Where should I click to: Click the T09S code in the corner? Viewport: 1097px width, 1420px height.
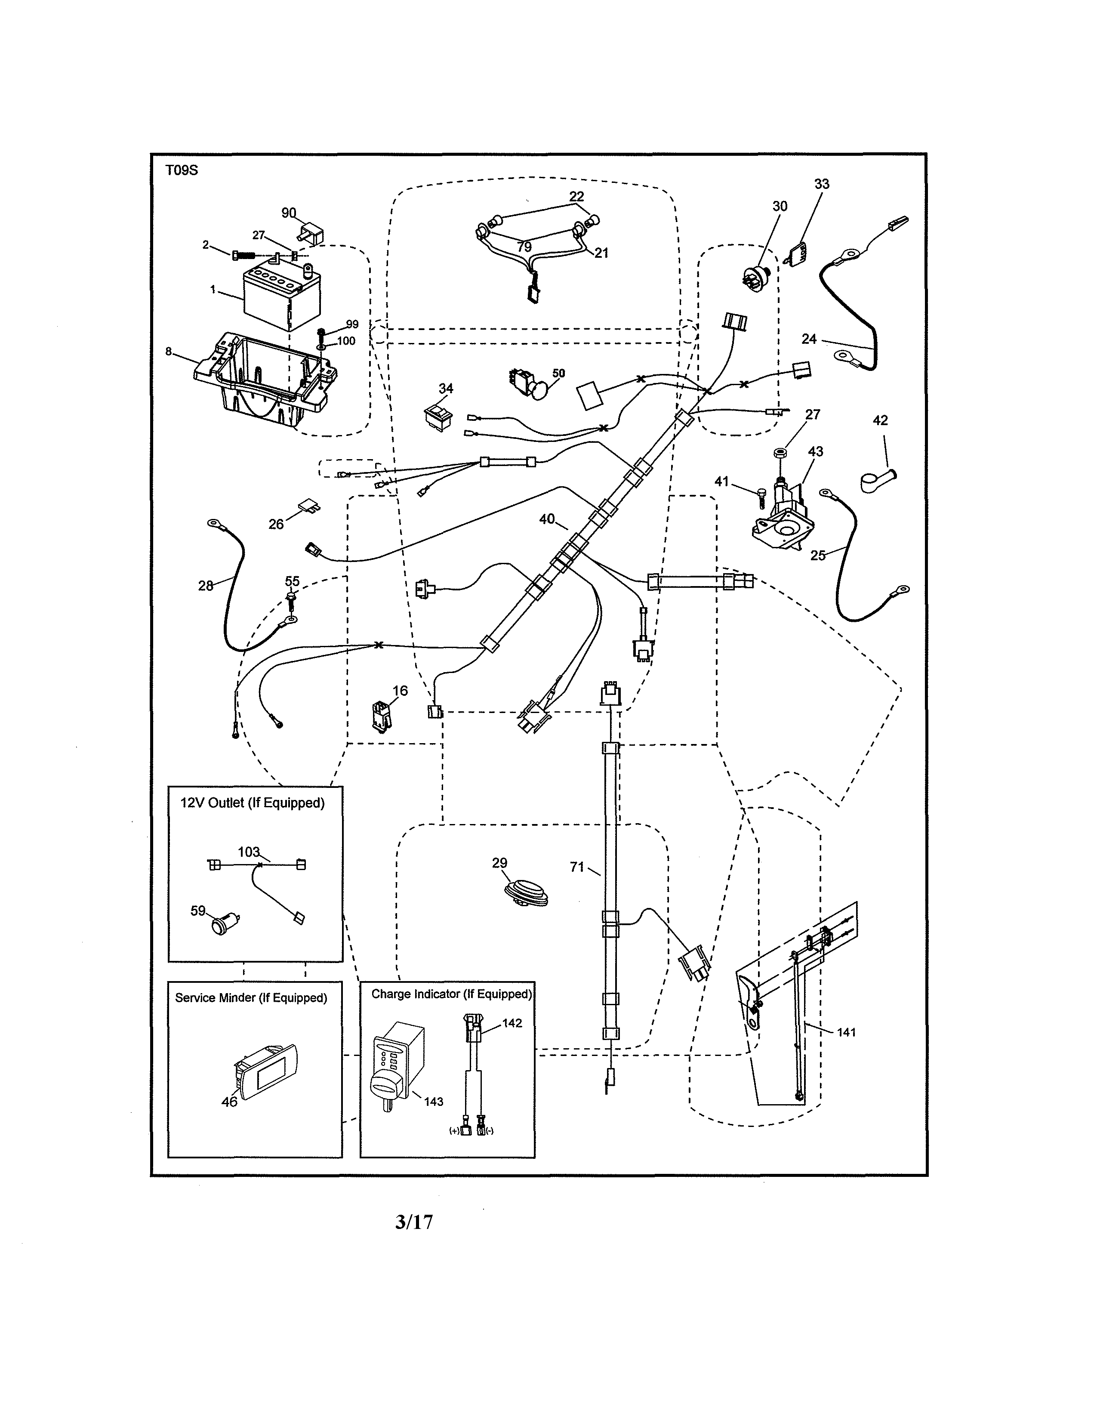[x=181, y=171]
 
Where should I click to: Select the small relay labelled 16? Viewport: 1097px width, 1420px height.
[x=380, y=715]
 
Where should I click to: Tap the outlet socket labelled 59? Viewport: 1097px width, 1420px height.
[x=224, y=924]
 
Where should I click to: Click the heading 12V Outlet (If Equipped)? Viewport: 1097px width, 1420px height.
[x=252, y=803]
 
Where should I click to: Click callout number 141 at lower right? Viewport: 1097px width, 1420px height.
[x=846, y=1032]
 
